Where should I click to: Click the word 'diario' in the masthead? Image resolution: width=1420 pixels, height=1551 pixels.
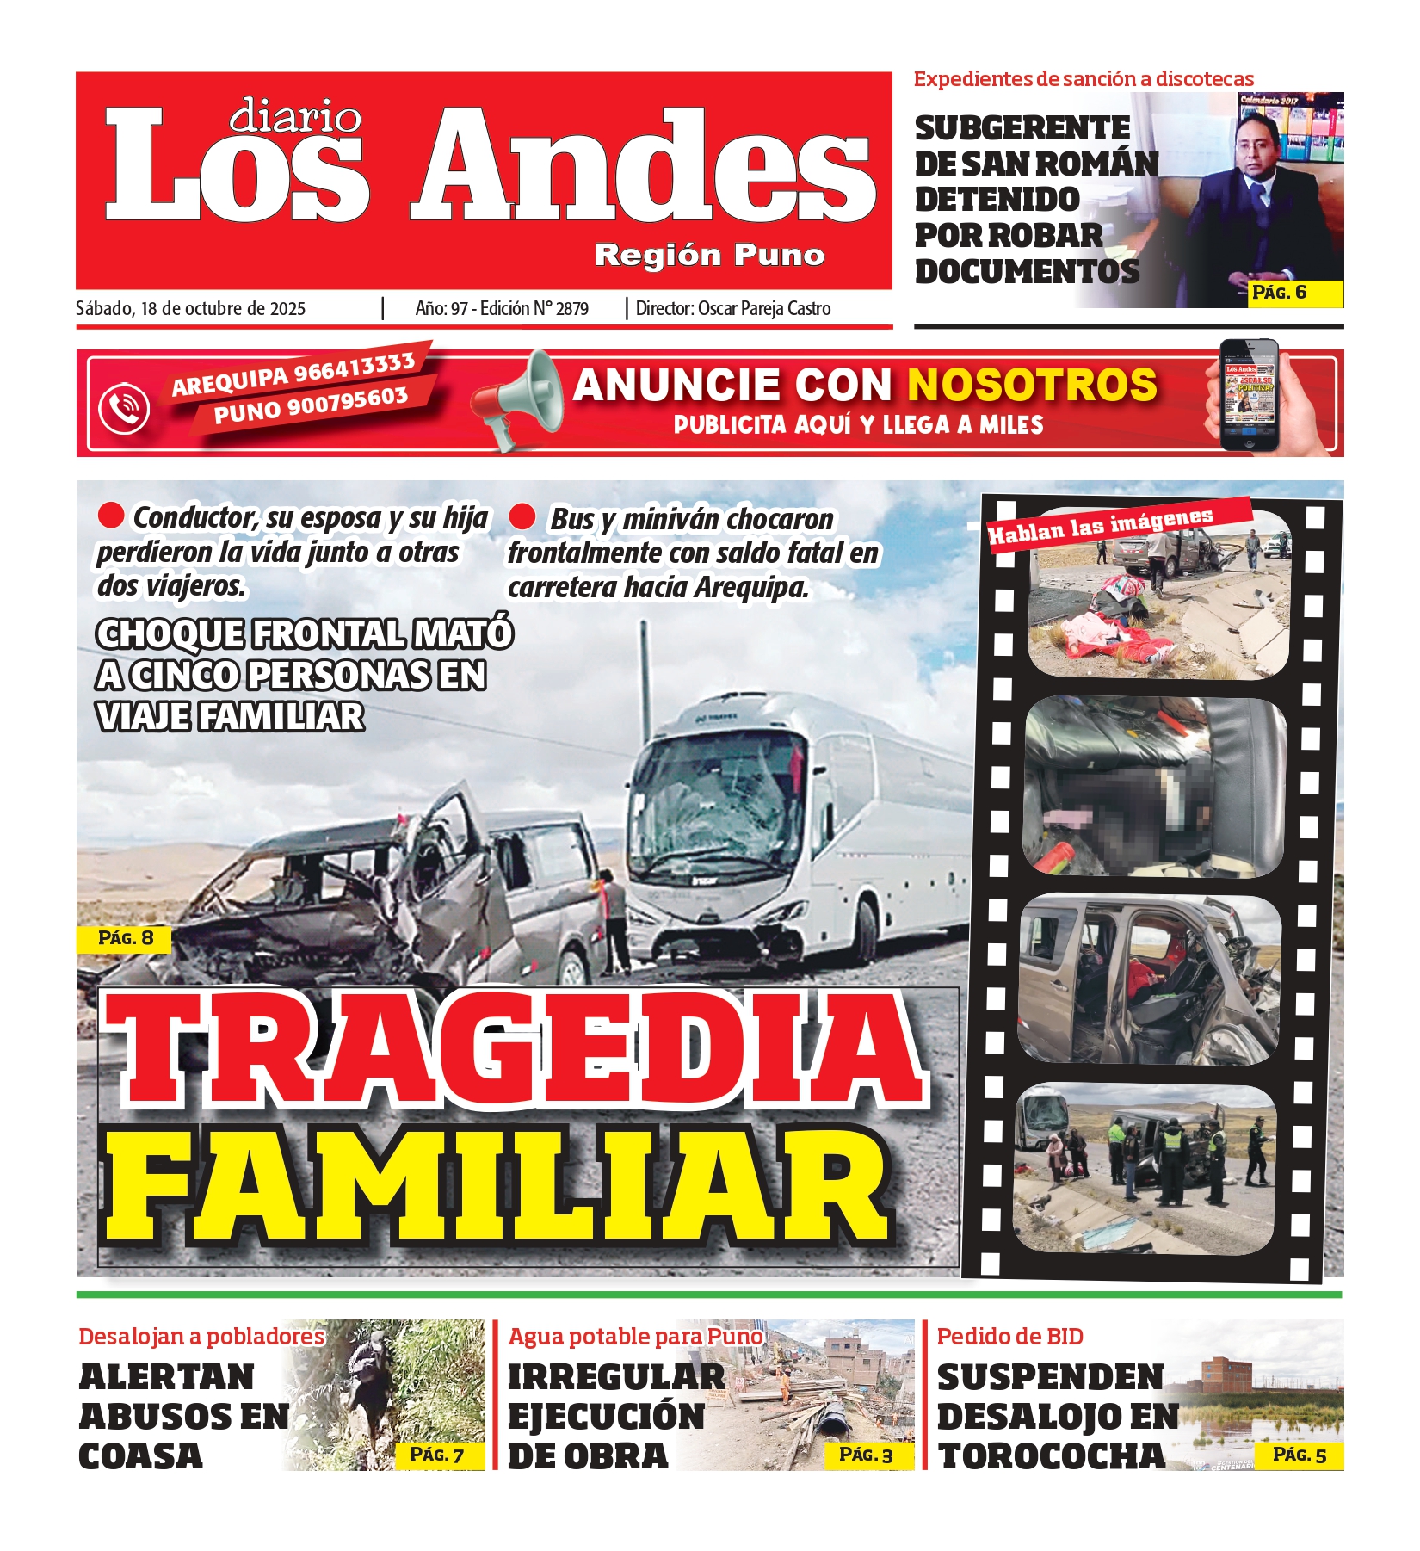click(x=295, y=115)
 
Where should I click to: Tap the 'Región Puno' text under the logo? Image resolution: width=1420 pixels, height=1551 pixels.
click(x=709, y=255)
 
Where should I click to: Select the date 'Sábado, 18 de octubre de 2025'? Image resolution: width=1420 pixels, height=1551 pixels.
click(x=190, y=309)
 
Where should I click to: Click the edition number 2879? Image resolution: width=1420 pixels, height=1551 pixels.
click(x=571, y=309)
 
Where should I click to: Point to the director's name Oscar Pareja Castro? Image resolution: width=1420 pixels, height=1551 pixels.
click(x=764, y=309)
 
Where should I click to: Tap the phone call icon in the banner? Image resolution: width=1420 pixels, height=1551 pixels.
click(x=124, y=407)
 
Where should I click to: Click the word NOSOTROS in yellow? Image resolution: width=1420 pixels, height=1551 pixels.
click(x=1033, y=385)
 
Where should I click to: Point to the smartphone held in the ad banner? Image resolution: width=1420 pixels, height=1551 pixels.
click(x=1250, y=395)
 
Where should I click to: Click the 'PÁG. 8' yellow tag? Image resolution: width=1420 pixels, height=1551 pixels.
click(x=125, y=938)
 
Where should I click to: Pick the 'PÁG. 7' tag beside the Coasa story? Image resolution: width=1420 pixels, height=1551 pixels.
click(x=436, y=1455)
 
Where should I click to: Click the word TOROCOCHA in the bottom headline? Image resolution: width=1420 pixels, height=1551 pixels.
click(x=1051, y=1455)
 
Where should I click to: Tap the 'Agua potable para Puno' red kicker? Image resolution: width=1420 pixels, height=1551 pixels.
click(x=635, y=1337)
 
